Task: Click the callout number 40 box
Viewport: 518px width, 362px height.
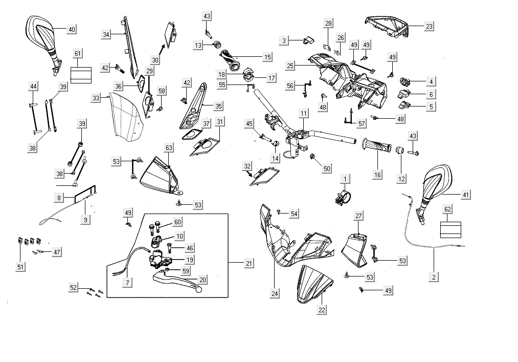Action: pos(72,30)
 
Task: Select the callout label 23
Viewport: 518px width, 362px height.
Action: pos(429,26)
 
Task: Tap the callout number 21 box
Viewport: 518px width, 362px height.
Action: pos(249,263)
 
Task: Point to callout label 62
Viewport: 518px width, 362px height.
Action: pos(448,209)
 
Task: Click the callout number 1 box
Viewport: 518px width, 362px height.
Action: pos(346,179)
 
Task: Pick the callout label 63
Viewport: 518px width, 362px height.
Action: pos(169,148)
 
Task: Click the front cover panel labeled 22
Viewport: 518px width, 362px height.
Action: pos(312,286)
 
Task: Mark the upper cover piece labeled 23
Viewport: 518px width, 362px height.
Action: pos(387,25)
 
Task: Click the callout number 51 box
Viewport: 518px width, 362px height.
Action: pos(20,267)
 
